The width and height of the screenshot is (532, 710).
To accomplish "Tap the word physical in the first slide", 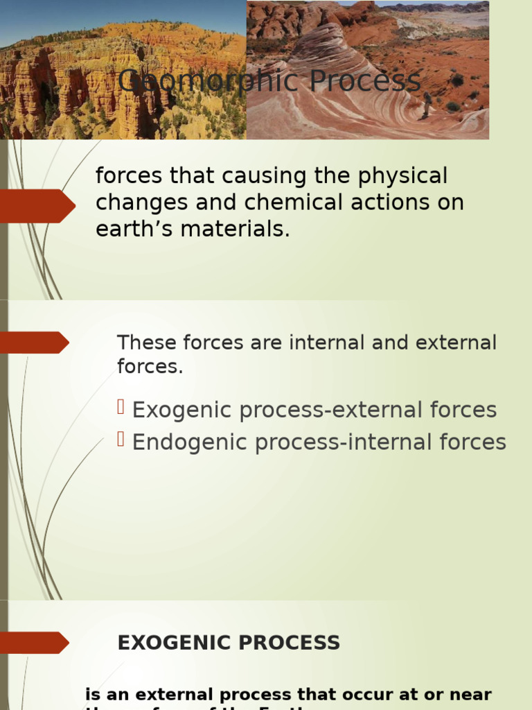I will coord(403,176).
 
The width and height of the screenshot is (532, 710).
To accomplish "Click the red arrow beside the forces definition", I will coord(37,206).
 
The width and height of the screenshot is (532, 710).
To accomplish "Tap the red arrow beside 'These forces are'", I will coord(35,343).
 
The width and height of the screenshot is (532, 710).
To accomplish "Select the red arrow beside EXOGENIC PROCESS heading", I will coord(35,643).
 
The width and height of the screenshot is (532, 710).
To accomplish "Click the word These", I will coord(143,343).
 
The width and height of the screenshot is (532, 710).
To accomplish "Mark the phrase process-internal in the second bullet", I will coord(320,442).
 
